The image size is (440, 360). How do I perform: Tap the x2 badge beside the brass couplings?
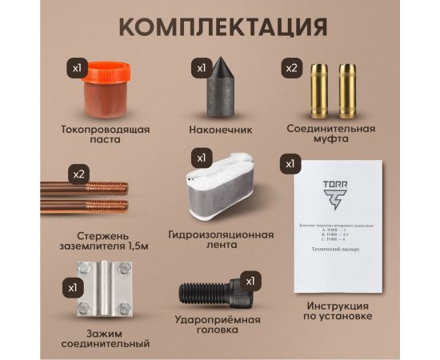tap(292, 69)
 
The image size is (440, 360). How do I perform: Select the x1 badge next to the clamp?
tap(73, 286)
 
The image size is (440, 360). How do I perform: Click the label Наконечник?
tap(220, 128)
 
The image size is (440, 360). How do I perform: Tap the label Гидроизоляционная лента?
tap(221, 241)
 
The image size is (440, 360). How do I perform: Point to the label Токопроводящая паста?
tap(105, 134)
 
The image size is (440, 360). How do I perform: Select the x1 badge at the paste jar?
tap(78, 69)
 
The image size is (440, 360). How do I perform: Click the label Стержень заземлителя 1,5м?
tap(94, 241)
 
